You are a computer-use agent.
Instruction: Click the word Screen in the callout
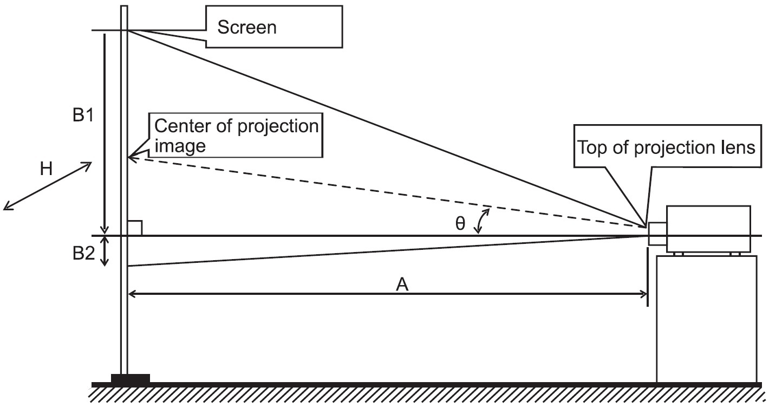pyautogui.click(x=247, y=27)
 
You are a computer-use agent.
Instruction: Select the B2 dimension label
pyautogui.click(x=83, y=254)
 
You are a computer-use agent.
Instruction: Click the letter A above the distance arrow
pyautogui.click(x=402, y=285)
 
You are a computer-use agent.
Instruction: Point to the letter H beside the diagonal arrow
pyautogui.click(x=47, y=169)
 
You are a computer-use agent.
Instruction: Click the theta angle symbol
pyautogui.click(x=460, y=224)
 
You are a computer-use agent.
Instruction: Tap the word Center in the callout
pyautogui.click(x=183, y=126)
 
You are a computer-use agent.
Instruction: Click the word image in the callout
pyautogui.click(x=180, y=146)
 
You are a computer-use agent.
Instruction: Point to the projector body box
pyautogui.click(x=708, y=229)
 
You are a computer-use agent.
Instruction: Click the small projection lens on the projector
pyautogui.click(x=657, y=234)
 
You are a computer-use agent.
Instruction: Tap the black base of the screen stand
pyautogui.click(x=131, y=378)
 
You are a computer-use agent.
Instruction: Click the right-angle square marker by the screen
pyautogui.click(x=135, y=228)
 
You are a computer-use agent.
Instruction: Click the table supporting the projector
pyautogui.click(x=707, y=319)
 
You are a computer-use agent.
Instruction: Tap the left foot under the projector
pyautogui.click(x=679, y=254)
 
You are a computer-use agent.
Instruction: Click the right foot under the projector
pyautogui.click(x=735, y=254)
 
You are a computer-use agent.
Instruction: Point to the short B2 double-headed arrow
pyautogui.click(x=105, y=251)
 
